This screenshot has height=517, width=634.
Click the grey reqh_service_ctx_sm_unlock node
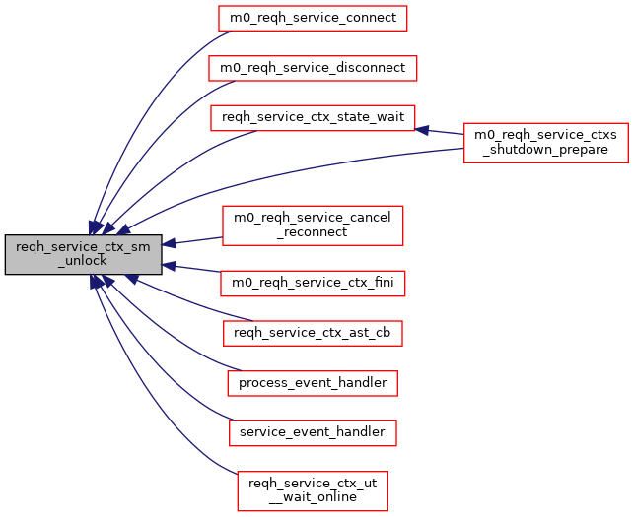pos(83,254)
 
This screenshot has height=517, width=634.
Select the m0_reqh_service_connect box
pos(313,18)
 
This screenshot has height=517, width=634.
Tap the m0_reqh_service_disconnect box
pos(313,67)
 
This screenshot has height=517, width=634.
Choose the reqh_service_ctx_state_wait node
pos(313,116)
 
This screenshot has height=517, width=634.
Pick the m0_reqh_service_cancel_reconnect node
pos(313,225)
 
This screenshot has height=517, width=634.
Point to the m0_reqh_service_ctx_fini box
pos(313,284)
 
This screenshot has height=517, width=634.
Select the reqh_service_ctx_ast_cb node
pos(313,333)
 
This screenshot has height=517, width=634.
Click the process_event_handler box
pos(313,382)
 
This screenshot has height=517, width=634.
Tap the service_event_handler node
pos(313,431)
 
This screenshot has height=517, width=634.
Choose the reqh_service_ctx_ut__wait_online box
pos(313,490)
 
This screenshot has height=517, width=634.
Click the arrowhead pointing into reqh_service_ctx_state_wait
pos(421,129)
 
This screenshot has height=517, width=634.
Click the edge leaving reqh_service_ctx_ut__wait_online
pos(148,394)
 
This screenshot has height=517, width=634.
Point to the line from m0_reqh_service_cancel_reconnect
pos(197,239)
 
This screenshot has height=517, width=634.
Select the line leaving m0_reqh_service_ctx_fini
pos(197,270)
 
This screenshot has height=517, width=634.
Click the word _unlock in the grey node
pos(83,261)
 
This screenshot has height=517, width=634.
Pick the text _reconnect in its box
pos(313,231)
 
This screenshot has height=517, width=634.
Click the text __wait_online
pos(313,497)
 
